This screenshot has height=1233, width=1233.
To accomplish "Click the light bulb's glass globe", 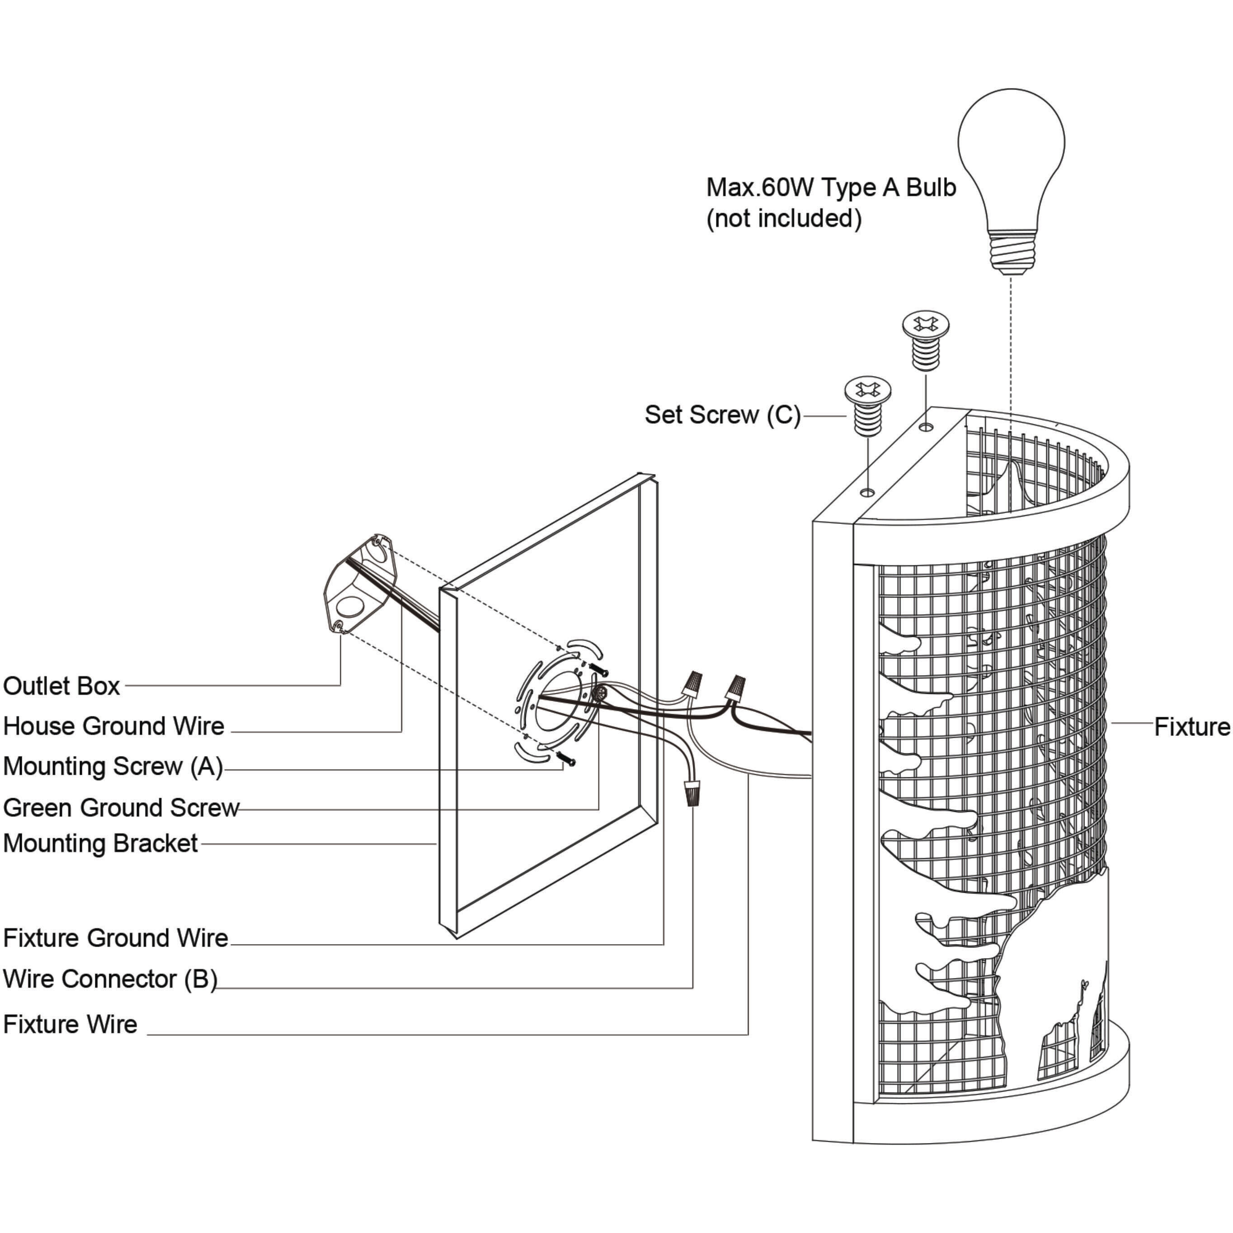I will coord(1011,153).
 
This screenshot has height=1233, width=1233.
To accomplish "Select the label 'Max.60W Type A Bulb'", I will coord(831,188).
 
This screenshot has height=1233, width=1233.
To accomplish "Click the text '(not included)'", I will coord(784,219).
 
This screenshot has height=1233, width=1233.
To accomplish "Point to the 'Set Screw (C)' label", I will coord(722,415).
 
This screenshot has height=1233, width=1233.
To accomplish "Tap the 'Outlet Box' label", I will coord(62,687).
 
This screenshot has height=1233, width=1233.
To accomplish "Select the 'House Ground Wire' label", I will coord(113,726).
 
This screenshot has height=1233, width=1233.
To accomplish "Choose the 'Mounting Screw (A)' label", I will coord(113,767).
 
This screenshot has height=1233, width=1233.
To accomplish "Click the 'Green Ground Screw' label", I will coord(121,808).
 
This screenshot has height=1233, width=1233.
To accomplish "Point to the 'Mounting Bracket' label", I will coord(100,844).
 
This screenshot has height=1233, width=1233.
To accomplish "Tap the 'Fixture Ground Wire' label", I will coord(116,938).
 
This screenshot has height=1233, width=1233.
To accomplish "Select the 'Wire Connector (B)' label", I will coord(110,979).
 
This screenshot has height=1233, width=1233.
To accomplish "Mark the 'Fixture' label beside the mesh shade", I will coord(1191,727).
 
